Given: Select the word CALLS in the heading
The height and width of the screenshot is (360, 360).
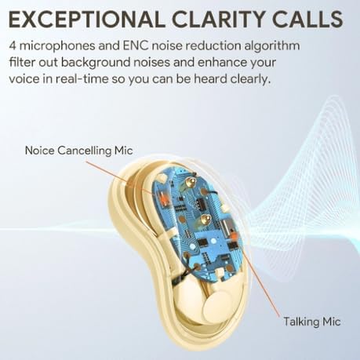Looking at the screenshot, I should pos(302,17).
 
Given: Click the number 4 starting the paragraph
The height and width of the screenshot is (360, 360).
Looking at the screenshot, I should pos(13,45).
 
